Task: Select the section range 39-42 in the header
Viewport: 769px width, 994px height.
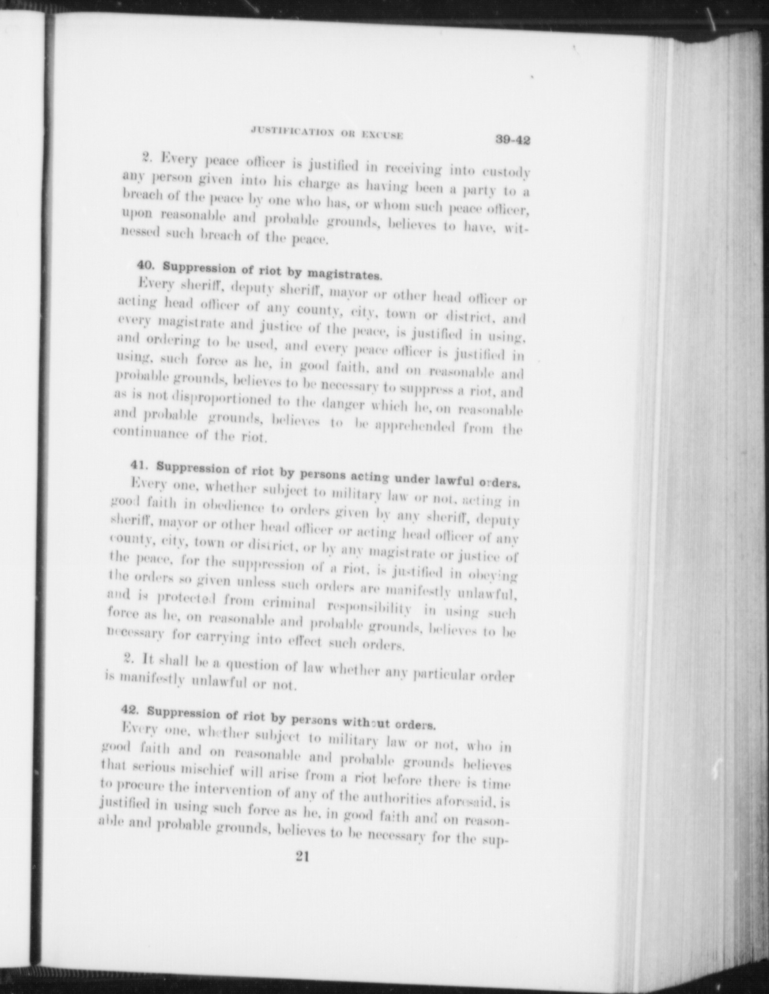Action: (513, 141)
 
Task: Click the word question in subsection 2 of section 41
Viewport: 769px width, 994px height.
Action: (251, 665)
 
